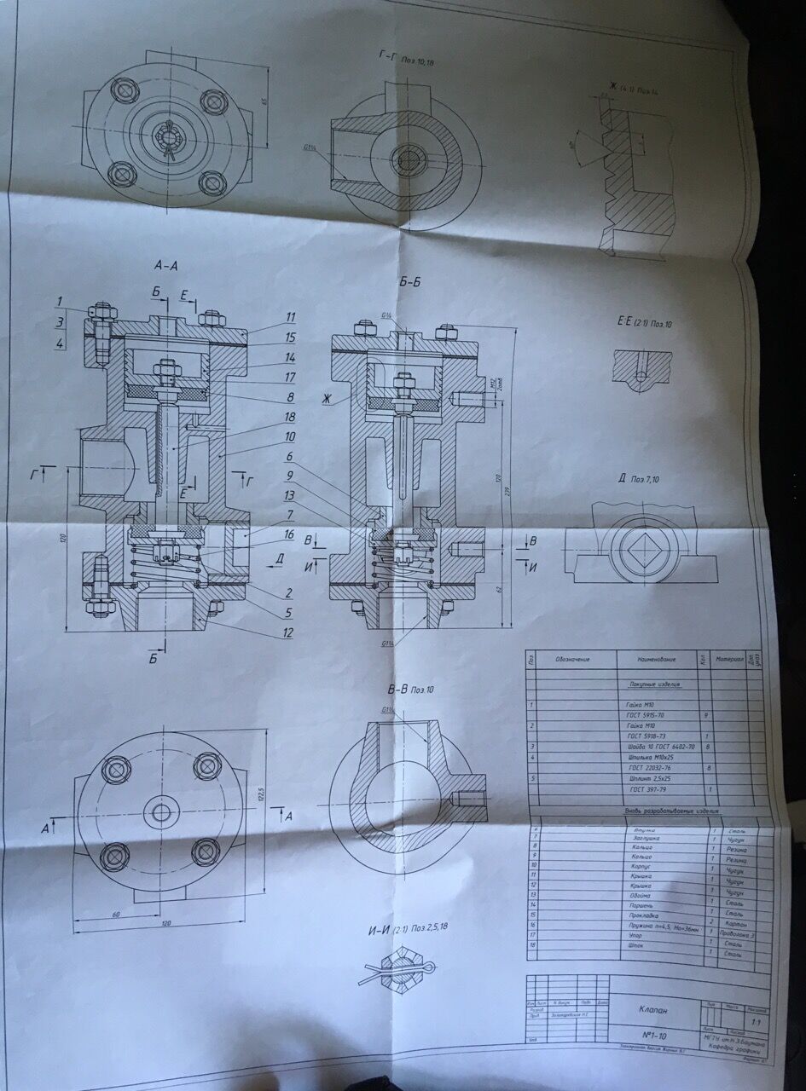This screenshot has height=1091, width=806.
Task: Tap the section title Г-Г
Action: pyautogui.click(x=388, y=55)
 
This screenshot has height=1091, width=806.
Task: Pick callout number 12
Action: pyautogui.click(x=288, y=632)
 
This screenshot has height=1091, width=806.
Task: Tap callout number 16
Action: pyautogui.click(x=291, y=535)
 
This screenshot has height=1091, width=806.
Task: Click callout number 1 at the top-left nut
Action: pyautogui.click(x=61, y=300)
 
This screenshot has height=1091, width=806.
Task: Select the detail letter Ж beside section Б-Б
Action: pyautogui.click(x=325, y=398)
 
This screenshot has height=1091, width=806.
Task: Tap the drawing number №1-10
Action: pyautogui.click(x=647, y=1033)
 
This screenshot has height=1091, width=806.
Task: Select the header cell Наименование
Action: pyautogui.click(x=656, y=661)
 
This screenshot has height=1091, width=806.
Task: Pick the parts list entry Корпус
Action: pyautogui.click(x=642, y=863)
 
